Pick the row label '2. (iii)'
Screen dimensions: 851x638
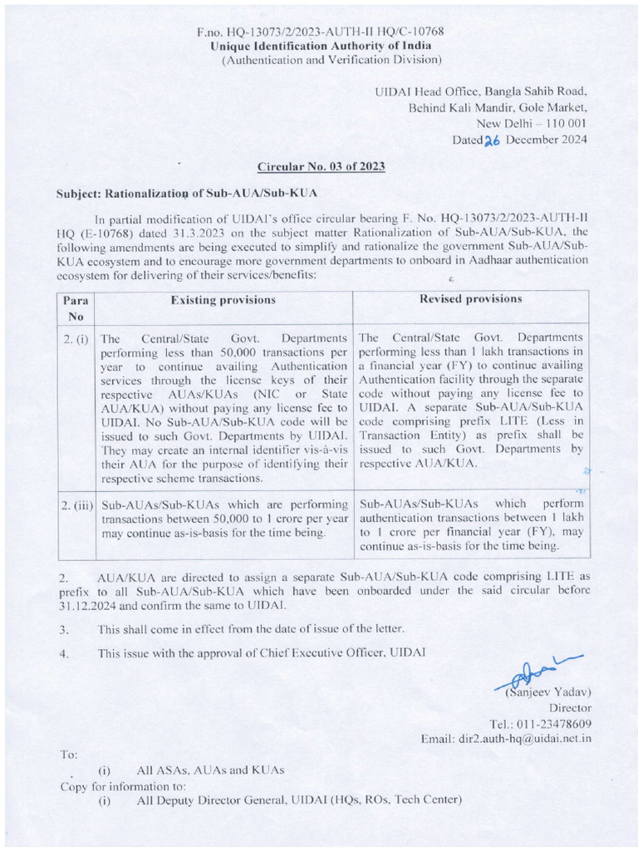(x=76, y=504)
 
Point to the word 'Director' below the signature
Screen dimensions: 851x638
(x=569, y=707)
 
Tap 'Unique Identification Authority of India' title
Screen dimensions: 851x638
(x=320, y=45)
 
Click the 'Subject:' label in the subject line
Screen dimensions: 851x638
(x=77, y=193)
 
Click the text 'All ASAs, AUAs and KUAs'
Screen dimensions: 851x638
(x=211, y=770)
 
